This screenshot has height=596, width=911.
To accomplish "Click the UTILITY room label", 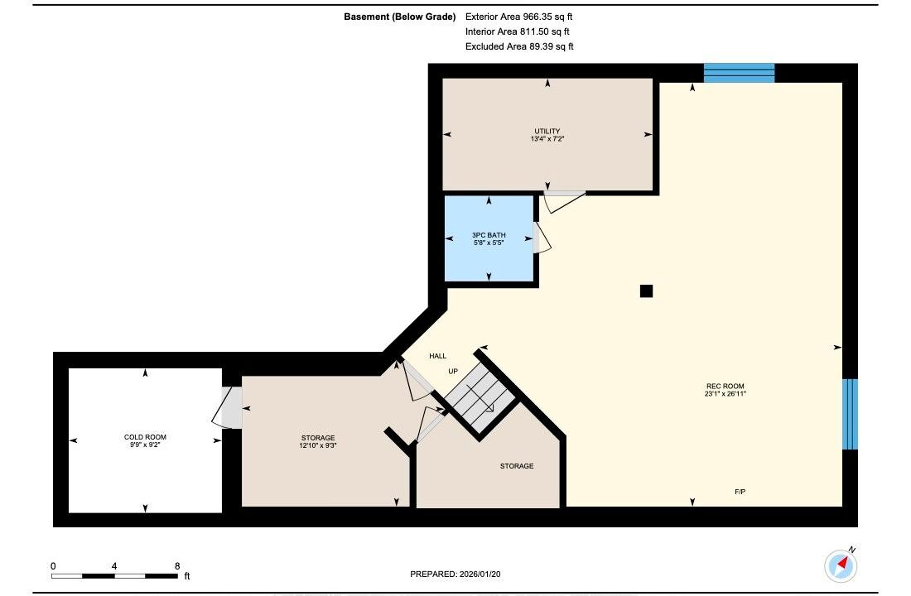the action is point(547,132).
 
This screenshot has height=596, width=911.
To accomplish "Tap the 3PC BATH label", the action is point(489,235).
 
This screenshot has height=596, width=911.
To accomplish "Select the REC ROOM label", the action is point(725,387).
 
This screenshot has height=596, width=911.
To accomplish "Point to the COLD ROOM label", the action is point(145,437).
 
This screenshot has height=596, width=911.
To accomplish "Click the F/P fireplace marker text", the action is point(740,492).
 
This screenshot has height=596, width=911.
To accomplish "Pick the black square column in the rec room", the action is point(646,291).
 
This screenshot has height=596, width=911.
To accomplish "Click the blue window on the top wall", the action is point(739,73).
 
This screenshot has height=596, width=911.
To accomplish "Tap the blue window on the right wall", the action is point(850,414).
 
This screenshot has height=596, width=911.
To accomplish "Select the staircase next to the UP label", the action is point(480,398).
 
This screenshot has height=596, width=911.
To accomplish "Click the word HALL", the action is point(438,356).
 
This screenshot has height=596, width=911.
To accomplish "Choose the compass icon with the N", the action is point(841,565).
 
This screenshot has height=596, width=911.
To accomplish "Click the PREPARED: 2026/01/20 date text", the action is point(455,574).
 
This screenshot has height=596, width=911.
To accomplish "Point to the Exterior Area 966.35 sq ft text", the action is point(518,17).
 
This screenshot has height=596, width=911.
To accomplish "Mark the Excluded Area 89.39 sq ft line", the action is point(519,46).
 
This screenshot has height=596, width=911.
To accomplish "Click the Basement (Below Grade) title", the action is point(400,17).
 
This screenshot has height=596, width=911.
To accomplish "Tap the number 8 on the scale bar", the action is point(177,566).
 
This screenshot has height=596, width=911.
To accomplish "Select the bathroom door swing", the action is point(542,238).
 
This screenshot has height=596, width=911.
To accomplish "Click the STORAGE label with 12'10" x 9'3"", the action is point(318,441).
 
